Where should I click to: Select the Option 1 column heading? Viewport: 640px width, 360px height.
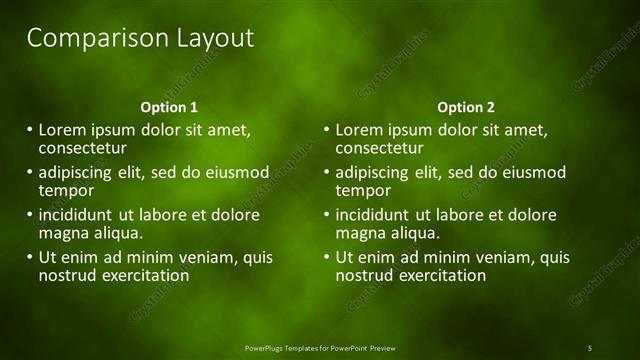coord(169,107)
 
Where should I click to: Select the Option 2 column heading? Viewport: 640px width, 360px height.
coord(466,107)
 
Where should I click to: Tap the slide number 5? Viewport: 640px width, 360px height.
coord(590,347)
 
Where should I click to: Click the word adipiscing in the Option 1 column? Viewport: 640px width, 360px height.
coord(76,172)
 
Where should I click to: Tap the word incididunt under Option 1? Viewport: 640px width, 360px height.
coord(76,215)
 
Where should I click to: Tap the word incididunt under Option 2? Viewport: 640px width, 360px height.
coord(373,215)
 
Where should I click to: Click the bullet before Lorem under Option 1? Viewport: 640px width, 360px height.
coord(29,130)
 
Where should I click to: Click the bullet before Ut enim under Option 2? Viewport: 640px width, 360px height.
coord(326,257)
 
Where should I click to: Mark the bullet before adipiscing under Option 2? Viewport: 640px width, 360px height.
coord(326,172)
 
